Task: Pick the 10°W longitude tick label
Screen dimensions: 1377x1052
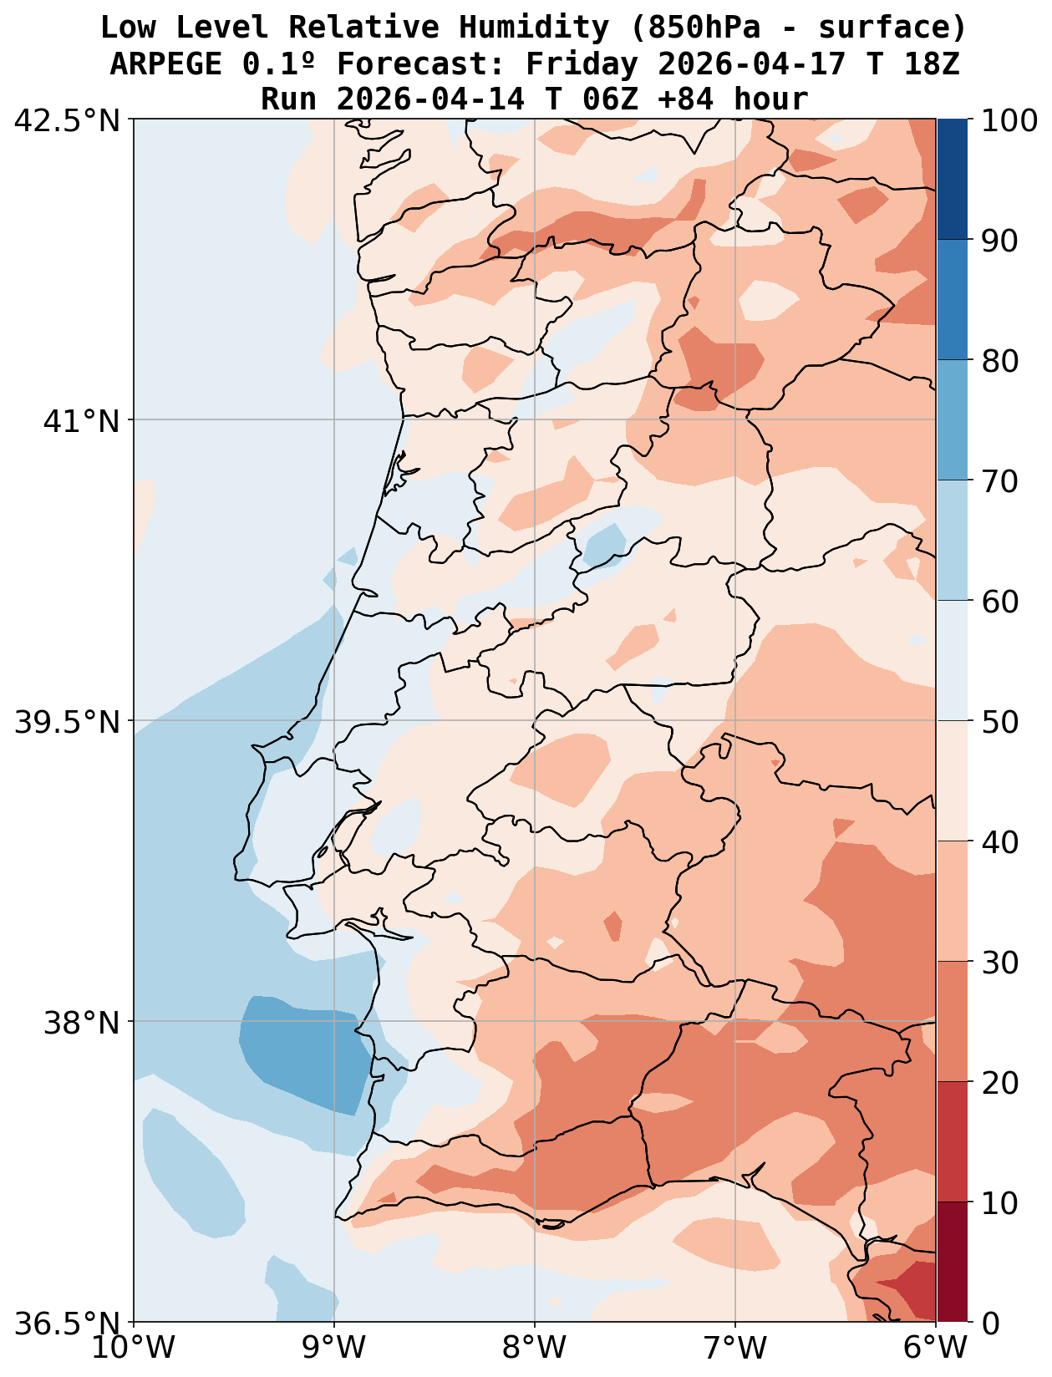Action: (134, 1348)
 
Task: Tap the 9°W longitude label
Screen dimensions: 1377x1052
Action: (334, 1348)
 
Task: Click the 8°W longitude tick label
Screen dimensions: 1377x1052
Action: (535, 1348)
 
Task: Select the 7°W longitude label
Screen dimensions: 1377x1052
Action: (735, 1348)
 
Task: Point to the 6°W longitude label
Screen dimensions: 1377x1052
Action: (936, 1348)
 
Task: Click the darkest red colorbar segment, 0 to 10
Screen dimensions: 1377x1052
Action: (953, 1262)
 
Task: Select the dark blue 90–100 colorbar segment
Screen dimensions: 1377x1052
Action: (953, 180)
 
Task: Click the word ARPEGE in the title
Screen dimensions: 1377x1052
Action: (165, 64)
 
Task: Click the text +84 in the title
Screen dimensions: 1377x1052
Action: (687, 99)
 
